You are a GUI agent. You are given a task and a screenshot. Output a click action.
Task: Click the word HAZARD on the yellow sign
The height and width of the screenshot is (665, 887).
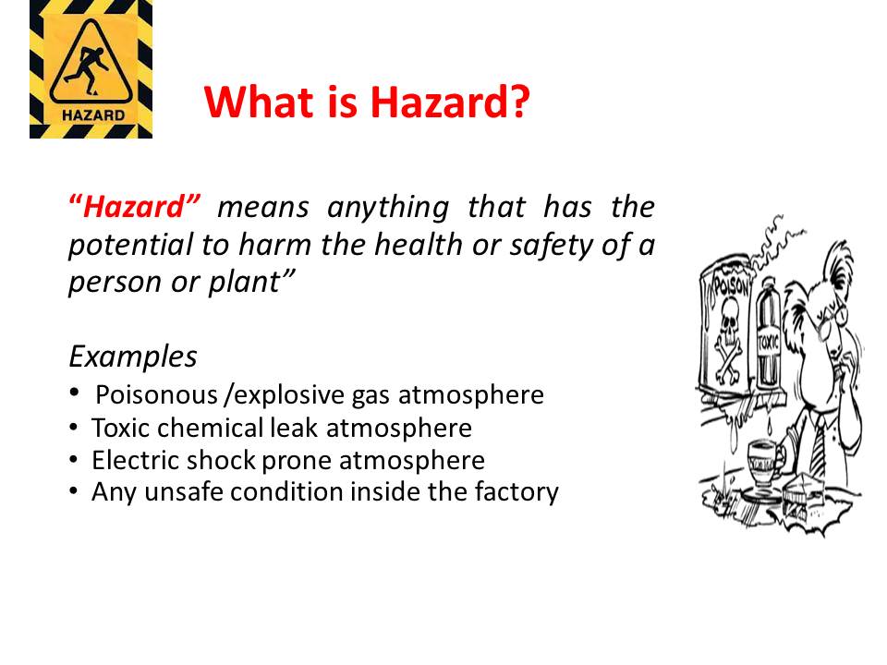pyautogui.click(x=91, y=116)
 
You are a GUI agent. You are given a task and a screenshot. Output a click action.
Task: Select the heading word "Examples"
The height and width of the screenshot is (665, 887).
pyautogui.click(x=133, y=356)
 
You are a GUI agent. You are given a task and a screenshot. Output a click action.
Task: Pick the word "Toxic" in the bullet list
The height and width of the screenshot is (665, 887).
pyautogui.click(x=119, y=429)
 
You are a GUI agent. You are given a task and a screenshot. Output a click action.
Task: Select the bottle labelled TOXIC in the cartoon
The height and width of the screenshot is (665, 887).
pyautogui.click(x=766, y=351)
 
